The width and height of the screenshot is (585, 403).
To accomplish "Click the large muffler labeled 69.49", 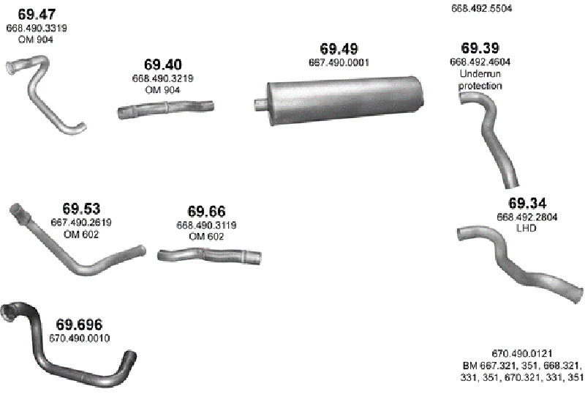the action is tap(344, 100).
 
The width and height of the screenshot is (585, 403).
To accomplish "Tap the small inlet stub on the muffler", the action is tap(260, 104).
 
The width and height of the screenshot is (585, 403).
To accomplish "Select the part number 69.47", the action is tap(37, 15).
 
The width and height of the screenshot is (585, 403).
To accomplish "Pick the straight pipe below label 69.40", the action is tap(166, 109).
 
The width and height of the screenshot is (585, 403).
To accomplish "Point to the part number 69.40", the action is tap(163, 64).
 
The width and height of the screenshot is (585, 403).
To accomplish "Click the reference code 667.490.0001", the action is tap(339, 62).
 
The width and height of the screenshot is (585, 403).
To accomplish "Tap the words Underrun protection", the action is tap(480, 80).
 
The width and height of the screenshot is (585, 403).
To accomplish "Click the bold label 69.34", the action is tap(527, 204).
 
